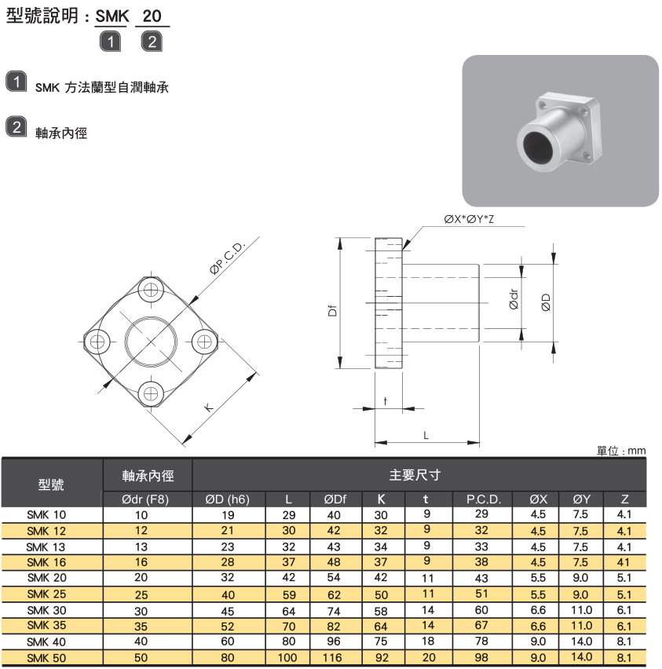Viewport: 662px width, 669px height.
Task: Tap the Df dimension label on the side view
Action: pos(332,311)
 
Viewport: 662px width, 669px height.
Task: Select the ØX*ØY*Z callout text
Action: pos(469,218)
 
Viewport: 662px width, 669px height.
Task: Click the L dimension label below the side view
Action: pos(426,434)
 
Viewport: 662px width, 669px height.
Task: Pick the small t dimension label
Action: pos(386,400)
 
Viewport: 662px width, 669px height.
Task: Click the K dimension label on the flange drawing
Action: pos(208,407)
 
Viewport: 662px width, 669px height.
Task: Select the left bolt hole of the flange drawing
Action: pos(97,341)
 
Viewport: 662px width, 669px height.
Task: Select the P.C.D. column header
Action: pos(483,499)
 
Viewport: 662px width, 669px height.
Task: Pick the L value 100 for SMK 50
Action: pos(287,657)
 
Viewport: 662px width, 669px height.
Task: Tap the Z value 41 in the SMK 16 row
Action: pos(624,562)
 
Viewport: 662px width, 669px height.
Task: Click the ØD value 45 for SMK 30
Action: pos(228,609)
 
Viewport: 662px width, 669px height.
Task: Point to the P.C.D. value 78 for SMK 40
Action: pos(481,641)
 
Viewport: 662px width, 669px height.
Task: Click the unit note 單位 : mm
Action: pos(620,451)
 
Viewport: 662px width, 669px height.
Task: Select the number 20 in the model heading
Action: pos(152,15)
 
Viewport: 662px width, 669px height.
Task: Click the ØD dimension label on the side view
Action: pos(545,300)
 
